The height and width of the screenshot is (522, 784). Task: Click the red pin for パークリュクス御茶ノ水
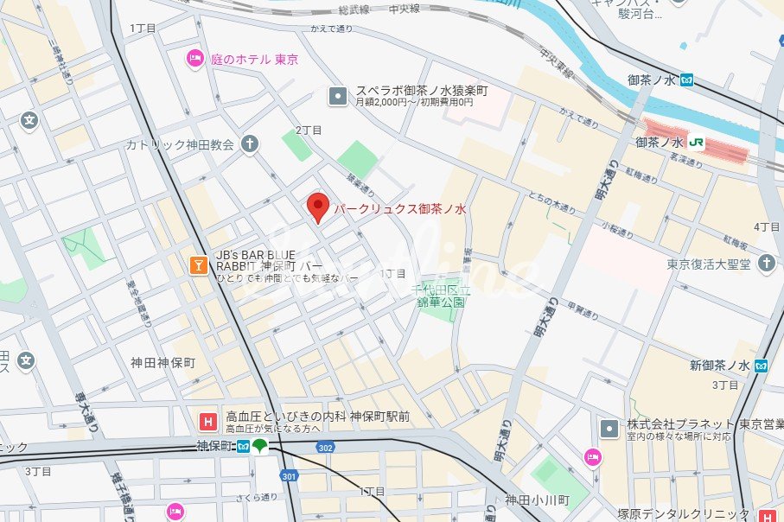318,207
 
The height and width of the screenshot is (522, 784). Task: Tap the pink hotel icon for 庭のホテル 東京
195,59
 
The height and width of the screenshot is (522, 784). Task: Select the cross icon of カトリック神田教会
250,143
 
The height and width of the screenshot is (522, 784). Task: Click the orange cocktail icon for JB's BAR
199,265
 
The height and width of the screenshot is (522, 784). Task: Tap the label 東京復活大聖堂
709,264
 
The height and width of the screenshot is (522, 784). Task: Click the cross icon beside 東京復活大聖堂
766,263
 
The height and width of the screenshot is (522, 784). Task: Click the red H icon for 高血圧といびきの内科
207,422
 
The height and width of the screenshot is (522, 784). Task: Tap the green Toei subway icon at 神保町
260,446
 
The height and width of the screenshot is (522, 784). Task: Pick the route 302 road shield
324,448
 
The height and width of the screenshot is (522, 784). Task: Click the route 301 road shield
289,476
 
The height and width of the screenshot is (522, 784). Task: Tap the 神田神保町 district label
163,363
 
